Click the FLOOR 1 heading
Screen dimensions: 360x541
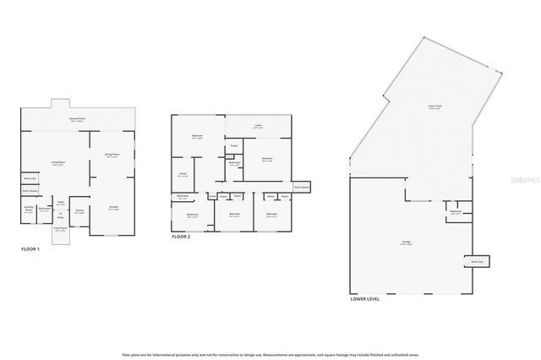31,249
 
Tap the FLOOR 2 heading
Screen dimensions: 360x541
182,237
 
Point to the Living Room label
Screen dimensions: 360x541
58,164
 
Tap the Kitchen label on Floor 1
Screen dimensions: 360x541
113,208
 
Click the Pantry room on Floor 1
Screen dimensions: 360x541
79,212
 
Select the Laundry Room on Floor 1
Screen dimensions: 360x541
28,210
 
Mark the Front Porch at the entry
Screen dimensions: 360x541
60,228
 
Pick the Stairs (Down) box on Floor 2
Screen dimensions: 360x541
301,186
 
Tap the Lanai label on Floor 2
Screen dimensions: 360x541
258,127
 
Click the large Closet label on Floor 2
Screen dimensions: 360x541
182,175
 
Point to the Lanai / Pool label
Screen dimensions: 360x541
434,108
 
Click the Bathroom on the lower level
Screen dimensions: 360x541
456,212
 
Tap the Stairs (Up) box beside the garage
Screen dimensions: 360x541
477,261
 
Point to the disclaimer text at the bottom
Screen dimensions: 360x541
270,357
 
